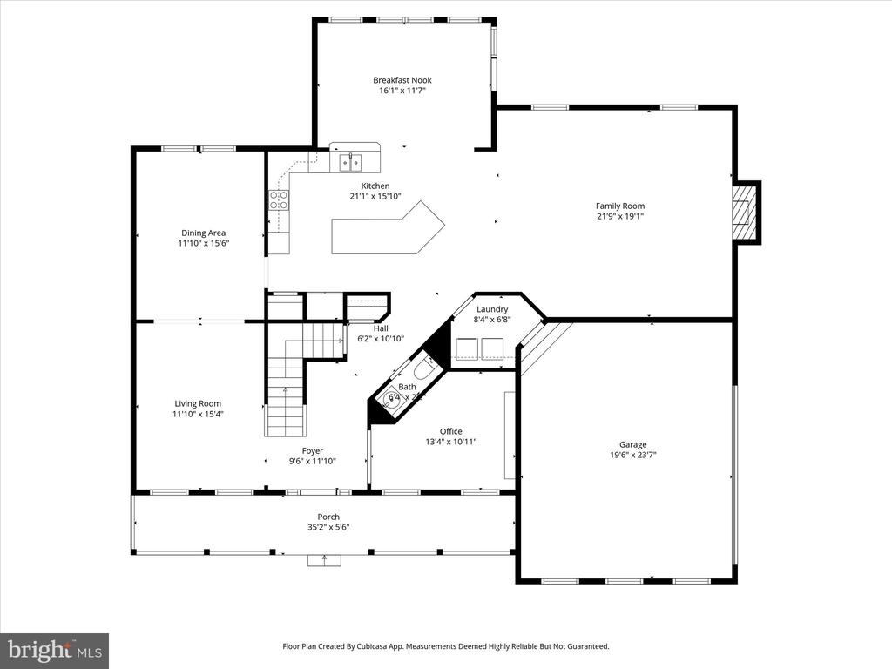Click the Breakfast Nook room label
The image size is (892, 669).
click(x=402, y=80)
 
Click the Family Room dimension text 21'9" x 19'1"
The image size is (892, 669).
click(x=620, y=216)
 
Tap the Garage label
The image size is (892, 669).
click(x=632, y=444)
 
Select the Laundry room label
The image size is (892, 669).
click(x=492, y=308)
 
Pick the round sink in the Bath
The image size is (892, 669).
click(x=389, y=402)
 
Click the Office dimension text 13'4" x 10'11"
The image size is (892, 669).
click(x=450, y=442)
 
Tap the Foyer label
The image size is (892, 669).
click(x=312, y=451)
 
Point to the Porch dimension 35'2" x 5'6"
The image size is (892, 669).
click(x=328, y=527)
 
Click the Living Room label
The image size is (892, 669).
click(x=198, y=403)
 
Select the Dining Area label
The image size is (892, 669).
click(x=204, y=233)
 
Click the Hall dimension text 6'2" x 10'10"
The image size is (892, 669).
click(x=381, y=339)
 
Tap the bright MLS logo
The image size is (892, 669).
click(x=54, y=650)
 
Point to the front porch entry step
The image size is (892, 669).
click(x=324, y=560)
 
